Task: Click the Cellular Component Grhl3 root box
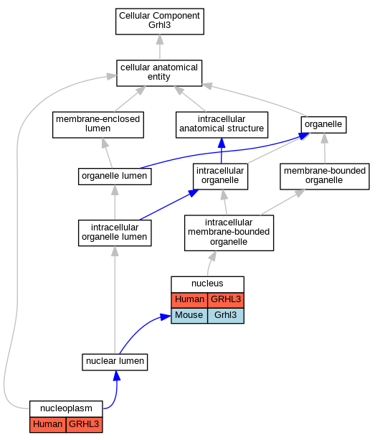(x=160, y=22)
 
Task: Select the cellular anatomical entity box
(x=159, y=73)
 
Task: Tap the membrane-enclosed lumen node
(x=98, y=125)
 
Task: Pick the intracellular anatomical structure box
(x=222, y=125)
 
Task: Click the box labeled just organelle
(x=323, y=125)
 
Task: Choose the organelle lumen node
(x=115, y=177)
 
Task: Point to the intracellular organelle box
(x=220, y=177)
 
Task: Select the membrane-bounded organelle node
(x=325, y=177)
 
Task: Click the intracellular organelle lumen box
(x=115, y=233)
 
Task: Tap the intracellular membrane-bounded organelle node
(x=229, y=233)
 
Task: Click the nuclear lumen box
(x=115, y=362)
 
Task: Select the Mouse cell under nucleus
(x=189, y=316)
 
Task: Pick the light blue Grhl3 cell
(x=226, y=316)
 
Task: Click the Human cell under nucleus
(x=189, y=300)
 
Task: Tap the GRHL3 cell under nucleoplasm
(x=85, y=424)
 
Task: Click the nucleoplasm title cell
(x=66, y=409)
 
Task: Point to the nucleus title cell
(x=208, y=284)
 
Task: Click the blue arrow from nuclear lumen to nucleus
(x=140, y=329)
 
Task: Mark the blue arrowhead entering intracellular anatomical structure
(x=222, y=143)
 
